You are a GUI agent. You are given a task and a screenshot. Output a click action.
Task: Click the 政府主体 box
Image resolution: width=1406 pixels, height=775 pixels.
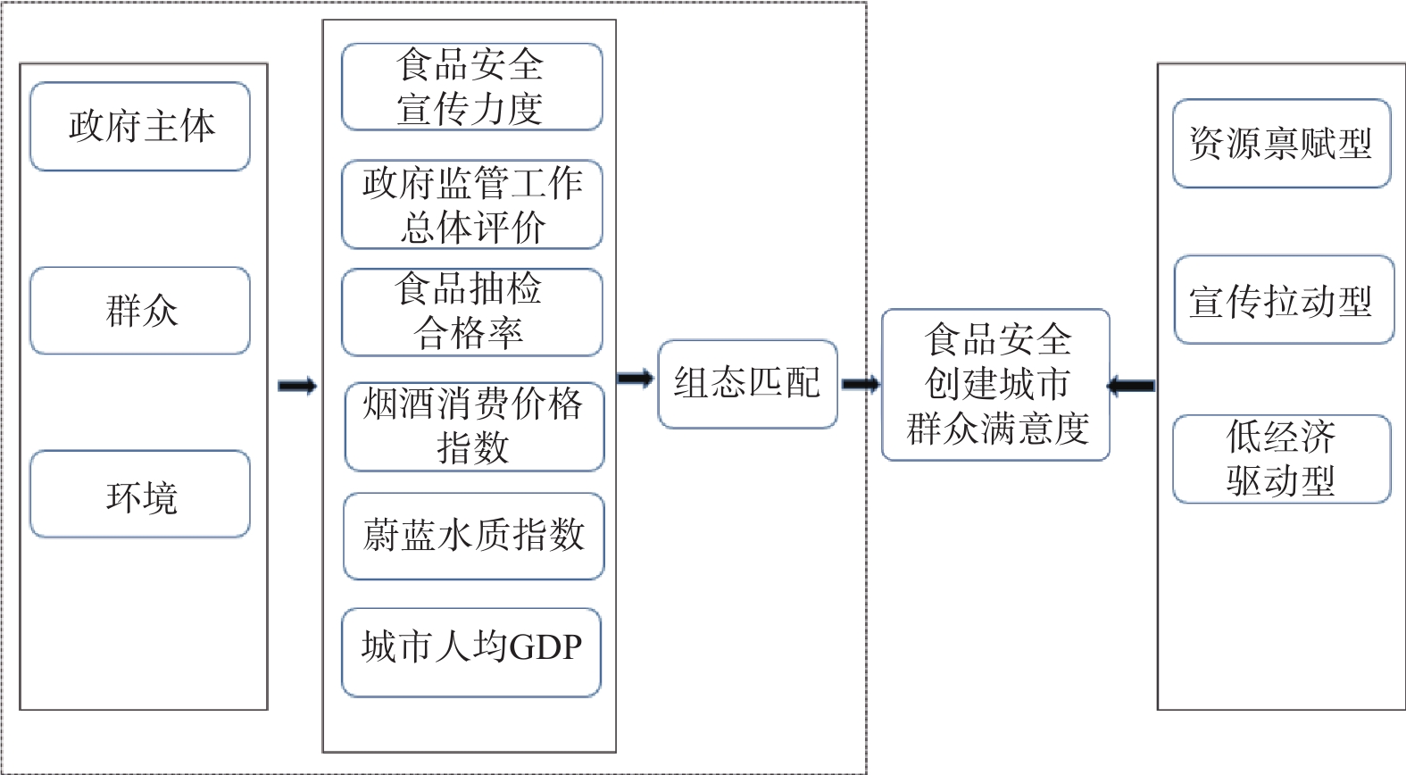click(x=140, y=126)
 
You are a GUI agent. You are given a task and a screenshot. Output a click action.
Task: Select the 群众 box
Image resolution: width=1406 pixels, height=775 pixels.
click(x=140, y=311)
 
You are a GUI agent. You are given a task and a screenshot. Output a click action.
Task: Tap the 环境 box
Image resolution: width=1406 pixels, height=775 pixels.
click(x=140, y=495)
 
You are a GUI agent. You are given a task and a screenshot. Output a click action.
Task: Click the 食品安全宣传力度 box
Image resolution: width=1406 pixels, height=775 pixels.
click(x=471, y=87)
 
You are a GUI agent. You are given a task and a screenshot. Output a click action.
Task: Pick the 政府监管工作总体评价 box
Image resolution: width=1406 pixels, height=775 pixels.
click(x=471, y=204)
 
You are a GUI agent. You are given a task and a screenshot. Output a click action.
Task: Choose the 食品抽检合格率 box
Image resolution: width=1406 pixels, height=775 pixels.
click(x=471, y=312)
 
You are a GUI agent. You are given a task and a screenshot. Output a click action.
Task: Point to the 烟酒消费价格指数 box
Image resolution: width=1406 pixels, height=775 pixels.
click(x=474, y=426)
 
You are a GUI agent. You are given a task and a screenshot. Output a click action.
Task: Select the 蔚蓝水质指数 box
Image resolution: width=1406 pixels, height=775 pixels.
click(x=474, y=536)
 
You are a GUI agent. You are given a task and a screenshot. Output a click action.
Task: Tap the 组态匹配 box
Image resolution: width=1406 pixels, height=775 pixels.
click(x=747, y=384)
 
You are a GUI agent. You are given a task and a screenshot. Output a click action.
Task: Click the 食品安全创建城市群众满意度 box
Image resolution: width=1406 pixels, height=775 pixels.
click(x=995, y=385)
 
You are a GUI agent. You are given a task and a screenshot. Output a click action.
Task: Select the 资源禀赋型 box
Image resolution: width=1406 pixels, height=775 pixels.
click(x=1281, y=144)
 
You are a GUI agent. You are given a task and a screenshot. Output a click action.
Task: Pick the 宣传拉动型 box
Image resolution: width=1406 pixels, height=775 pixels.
click(x=1283, y=300)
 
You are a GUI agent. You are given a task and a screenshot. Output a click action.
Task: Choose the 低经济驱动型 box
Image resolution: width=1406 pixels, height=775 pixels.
click(x=1281, y=459)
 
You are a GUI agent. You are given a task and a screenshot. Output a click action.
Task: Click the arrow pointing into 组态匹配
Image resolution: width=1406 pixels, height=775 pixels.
click(x=636, y=379)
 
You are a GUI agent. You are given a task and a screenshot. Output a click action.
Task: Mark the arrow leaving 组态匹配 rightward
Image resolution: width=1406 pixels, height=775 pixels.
click(x=860, y=385)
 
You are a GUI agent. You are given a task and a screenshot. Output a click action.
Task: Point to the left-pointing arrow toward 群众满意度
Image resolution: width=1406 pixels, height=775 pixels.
click(x=1131, y=386)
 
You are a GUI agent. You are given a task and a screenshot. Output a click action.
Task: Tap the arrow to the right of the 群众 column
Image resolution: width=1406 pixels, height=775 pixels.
click(x=297, y=386)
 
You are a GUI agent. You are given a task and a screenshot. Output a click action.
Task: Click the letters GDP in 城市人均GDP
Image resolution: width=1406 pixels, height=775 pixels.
click(x=545, y=646)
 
